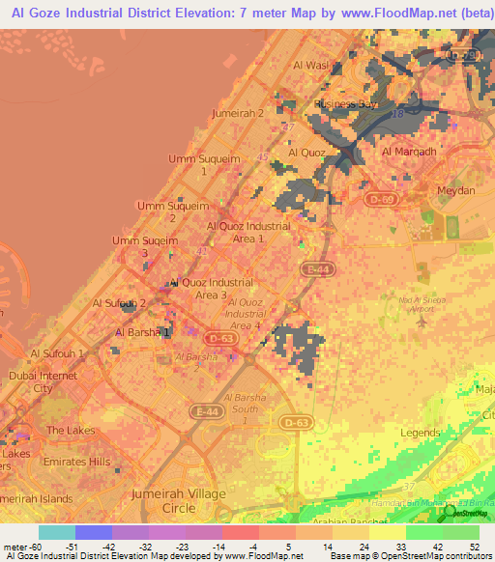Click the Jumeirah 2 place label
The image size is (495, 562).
238,113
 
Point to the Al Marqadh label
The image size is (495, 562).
409,152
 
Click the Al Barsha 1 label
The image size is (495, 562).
143,332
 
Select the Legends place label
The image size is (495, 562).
421,434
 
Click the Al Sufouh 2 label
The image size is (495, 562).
119,303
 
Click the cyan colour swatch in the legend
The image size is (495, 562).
56,532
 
